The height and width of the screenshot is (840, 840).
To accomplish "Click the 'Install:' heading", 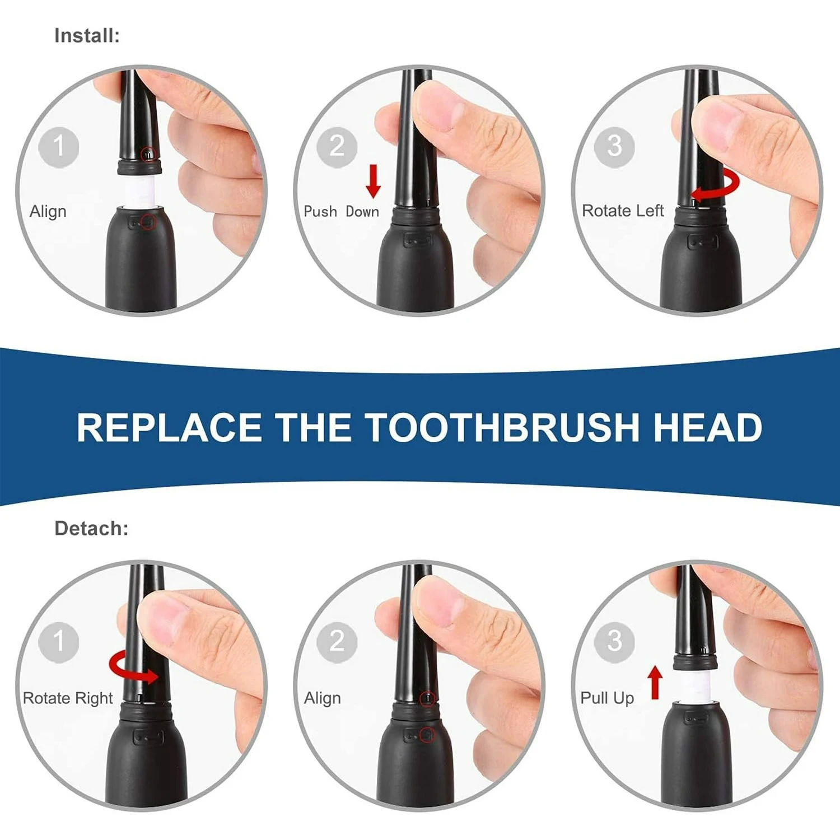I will [87, 36].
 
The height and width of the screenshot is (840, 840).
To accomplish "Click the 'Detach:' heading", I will [91, 529].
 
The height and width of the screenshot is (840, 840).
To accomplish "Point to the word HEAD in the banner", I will [707, 428].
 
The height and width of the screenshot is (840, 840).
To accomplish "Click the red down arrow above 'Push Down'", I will [373, 181].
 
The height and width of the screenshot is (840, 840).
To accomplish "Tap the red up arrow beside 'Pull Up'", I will [655, 682].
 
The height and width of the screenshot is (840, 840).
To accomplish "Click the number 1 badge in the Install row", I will [58, 147].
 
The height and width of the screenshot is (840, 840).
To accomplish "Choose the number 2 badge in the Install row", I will [337, 147].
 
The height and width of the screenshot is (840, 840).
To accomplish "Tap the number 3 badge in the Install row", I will [614, 147].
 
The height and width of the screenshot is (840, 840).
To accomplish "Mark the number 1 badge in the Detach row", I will [58, 642].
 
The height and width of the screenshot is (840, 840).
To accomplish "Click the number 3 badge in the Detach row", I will [614, 642].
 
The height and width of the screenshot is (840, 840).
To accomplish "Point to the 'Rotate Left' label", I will [622, 211].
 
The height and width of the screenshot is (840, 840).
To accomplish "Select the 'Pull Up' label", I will [607, 698].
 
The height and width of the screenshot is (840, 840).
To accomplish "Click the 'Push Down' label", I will [341, 212].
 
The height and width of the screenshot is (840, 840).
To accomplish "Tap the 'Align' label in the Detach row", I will [322, 698].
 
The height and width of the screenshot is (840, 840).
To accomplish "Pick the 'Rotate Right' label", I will [68, 698].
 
